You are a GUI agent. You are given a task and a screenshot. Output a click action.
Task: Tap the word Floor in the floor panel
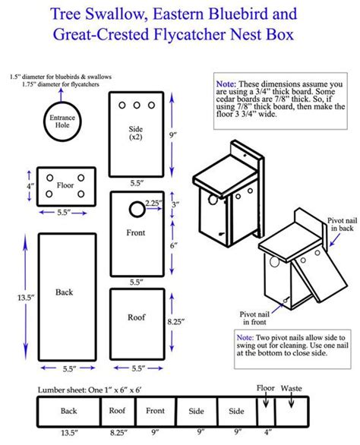pyautogui.click(x=66, y=185)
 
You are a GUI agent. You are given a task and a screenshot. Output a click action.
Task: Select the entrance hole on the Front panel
pyautogui.click(x=137, y=207)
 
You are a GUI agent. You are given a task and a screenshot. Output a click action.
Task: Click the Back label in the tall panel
pyautogui.click(x=65, y=292)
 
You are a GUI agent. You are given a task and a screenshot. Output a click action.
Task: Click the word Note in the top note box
pyautogui.click(x=226, y=83)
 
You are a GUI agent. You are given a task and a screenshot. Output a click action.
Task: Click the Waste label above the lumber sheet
pyautogui.click(x=291, y=388)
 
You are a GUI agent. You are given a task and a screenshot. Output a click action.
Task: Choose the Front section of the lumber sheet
pyautogui.click(x=156, y=411)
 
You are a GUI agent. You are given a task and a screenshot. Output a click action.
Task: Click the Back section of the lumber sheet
pyautogui.click(x=69, y=411)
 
